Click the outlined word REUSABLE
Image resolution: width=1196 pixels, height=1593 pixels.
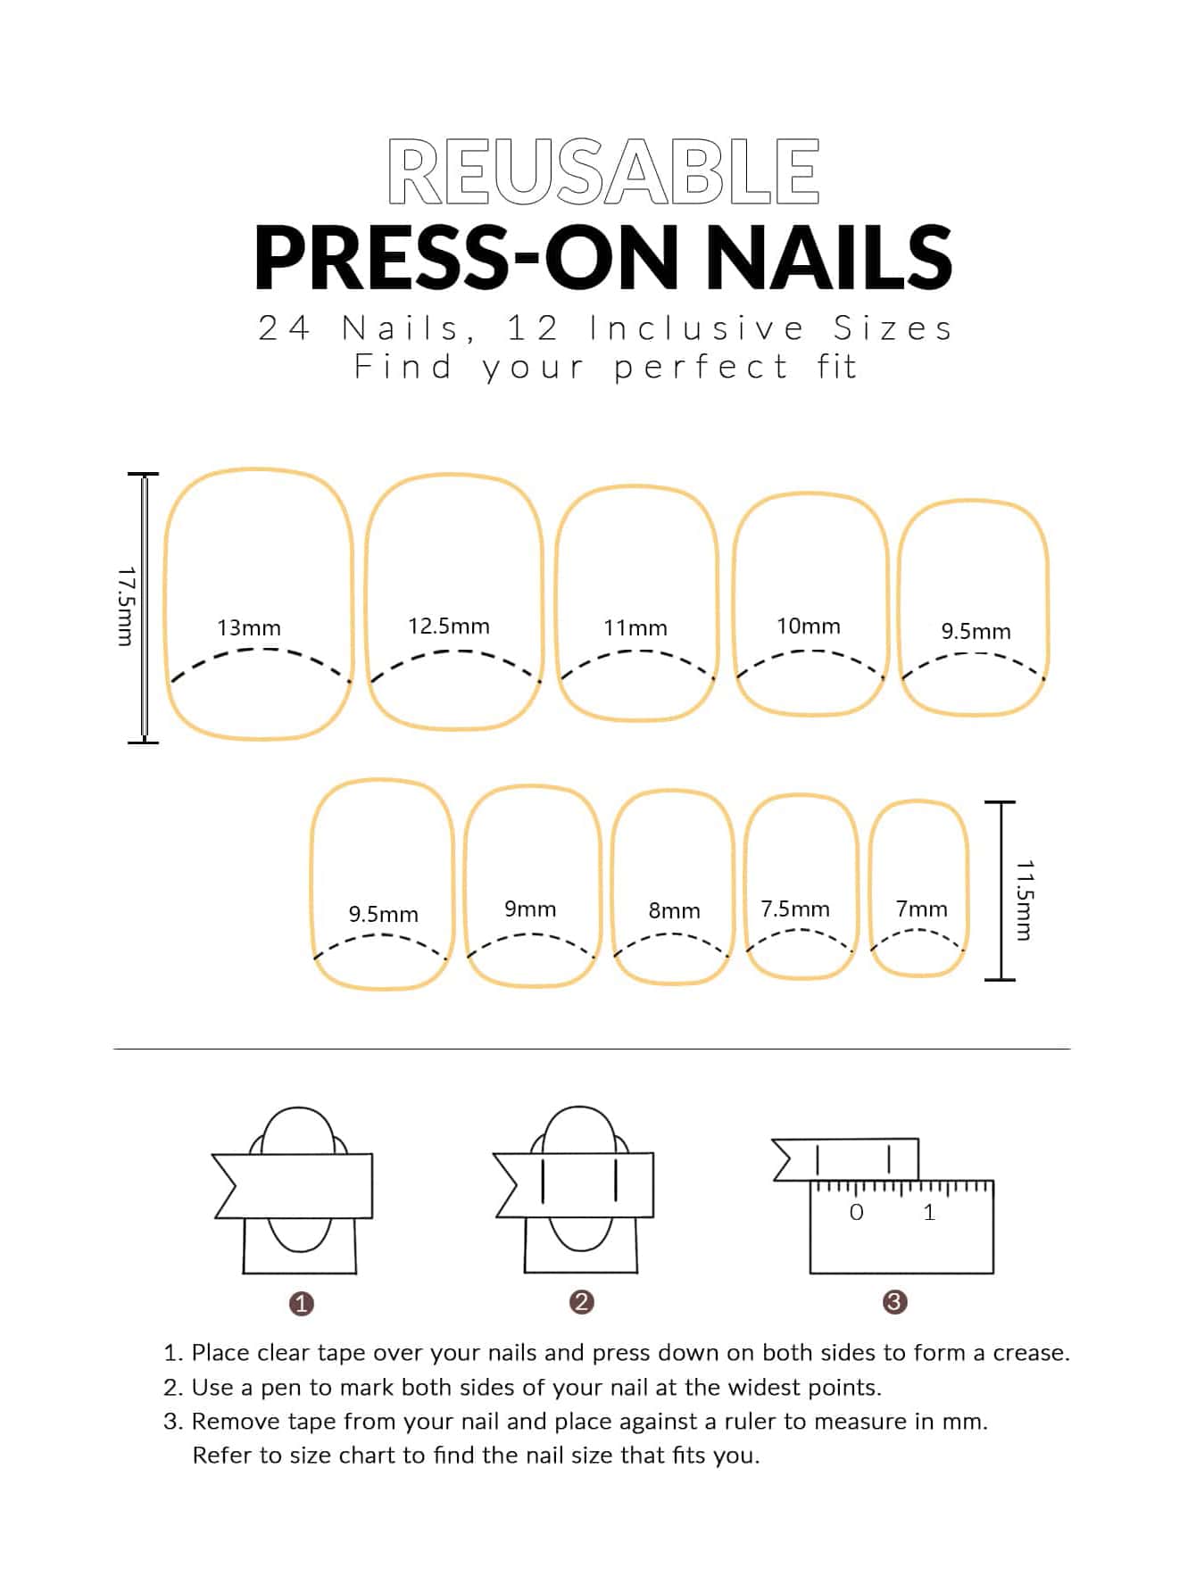(x=603, y=171)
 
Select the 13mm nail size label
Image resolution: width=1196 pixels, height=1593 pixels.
(x=249, y=627)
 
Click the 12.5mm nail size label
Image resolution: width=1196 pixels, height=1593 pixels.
(x=449, y=626)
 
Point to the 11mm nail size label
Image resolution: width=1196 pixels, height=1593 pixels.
(x=635, y=627)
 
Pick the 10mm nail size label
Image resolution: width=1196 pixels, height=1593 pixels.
(x=809, y=626)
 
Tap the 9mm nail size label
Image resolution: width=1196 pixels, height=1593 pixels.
(x=530, y=909)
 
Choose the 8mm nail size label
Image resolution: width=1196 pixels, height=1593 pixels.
(x=675, y=910)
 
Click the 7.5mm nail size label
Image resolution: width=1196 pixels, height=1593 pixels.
(x=795, y=909)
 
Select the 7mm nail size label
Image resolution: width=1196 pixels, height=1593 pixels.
(x=922, y=909)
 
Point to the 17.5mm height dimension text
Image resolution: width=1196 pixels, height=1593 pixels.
(x=126, y=606)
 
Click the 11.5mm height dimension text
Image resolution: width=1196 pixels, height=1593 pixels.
(x=1025, y=900)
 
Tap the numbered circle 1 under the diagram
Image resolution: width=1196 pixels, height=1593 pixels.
(x=302, y=1304)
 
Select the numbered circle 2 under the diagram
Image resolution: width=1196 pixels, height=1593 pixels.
(x=581, y=1302)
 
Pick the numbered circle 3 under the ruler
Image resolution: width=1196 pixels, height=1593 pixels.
(x=894, y=1302)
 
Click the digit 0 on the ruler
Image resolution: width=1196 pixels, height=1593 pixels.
(x=857, y=1212)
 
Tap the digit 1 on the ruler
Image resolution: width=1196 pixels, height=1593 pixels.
(x=929, y=1212)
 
